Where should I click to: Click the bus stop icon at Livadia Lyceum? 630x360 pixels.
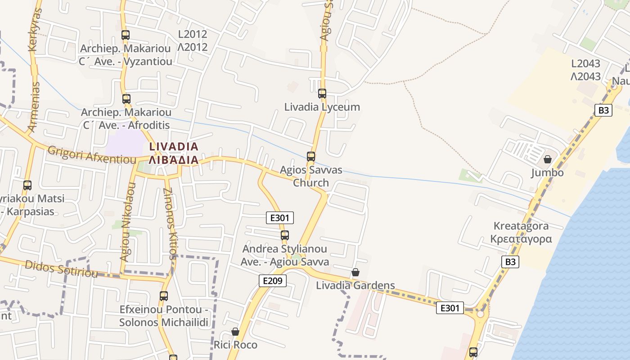click(322, 94)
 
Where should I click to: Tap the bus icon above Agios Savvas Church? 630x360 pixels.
click(311, 157)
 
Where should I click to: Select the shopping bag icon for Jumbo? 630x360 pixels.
click(548, 159)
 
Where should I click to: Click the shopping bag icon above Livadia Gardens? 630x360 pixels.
click(355, 272)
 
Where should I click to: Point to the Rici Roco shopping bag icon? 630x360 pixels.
click(235, 332)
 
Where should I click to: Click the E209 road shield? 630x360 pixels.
click(273, 281)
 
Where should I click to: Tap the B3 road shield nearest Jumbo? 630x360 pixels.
click(603, 110)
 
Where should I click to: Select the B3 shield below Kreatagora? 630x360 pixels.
click(510, 262)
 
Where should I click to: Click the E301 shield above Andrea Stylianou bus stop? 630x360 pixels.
click(280, 218)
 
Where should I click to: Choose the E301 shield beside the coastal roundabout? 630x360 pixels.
click(450, 308)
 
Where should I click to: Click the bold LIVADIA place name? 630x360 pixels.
click(174, 146)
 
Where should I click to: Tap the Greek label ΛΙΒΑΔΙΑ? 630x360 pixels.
click(174, 160)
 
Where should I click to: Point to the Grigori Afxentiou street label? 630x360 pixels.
click(92, 155)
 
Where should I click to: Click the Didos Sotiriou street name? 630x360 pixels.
click(61, 269)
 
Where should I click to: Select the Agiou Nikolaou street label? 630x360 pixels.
click(127, 222)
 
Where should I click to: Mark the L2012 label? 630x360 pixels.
click(193, 34)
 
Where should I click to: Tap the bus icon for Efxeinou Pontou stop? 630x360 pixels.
click(164, 296)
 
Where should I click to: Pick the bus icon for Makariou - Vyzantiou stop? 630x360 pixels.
click(126, 35)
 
